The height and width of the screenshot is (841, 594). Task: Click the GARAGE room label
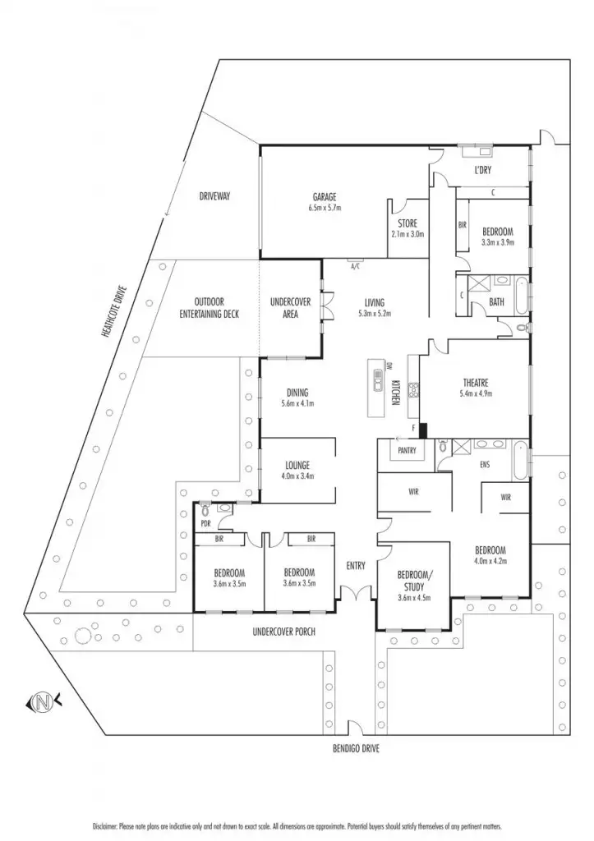[325, 197]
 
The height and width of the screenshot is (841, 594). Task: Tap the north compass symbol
[41, 702]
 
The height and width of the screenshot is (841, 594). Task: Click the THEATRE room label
[476, 383]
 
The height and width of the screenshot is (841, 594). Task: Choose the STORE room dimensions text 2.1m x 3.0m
[408, 234]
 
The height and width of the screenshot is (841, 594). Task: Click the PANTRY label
[406, 451]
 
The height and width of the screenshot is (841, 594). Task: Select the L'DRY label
[482, 171]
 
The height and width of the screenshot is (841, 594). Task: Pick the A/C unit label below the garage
[355, 267]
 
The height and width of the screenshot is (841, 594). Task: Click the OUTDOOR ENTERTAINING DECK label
[210, 307]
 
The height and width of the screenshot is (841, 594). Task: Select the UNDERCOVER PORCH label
[285, 632]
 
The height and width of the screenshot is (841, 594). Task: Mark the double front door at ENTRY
[355, 593]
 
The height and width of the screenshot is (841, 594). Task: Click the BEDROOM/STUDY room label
[412, 579]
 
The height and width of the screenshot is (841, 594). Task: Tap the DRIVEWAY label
[214, 196]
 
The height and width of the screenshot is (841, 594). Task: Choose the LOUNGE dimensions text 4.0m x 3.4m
[297, 477]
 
